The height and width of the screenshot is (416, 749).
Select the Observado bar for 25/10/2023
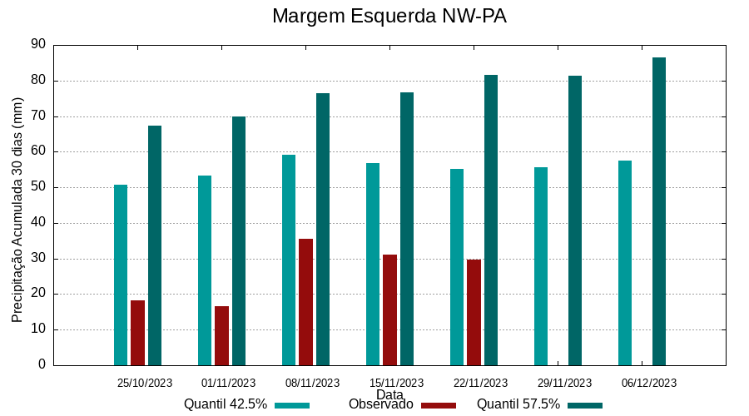point(138,333)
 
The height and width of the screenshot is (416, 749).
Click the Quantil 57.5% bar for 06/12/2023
point(659,211)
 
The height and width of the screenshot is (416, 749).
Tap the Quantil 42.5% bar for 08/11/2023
point(289,260)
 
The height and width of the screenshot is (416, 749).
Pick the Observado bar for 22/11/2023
point(474,312)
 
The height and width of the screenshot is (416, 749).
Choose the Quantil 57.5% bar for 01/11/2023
point(239,240)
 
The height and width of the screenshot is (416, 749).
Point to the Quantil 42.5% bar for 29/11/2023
point(541,266)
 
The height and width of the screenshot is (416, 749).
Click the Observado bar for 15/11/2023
point(389,310)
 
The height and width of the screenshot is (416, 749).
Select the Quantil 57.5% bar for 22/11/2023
point(491,220)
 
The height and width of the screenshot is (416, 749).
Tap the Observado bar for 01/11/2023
point(221,335)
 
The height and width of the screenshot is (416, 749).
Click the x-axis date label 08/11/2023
point(312,383)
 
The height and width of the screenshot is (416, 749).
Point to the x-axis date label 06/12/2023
point(649,383)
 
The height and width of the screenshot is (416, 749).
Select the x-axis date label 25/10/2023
point(145,383)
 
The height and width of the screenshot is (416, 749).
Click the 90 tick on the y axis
point(38,45)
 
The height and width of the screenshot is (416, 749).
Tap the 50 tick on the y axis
point(38,187)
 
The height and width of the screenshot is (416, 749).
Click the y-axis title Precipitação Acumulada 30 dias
point(17,210)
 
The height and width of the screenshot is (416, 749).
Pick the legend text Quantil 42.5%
point(226,404)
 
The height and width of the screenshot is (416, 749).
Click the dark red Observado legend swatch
point(439,405)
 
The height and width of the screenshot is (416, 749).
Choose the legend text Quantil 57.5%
point(518,404)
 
